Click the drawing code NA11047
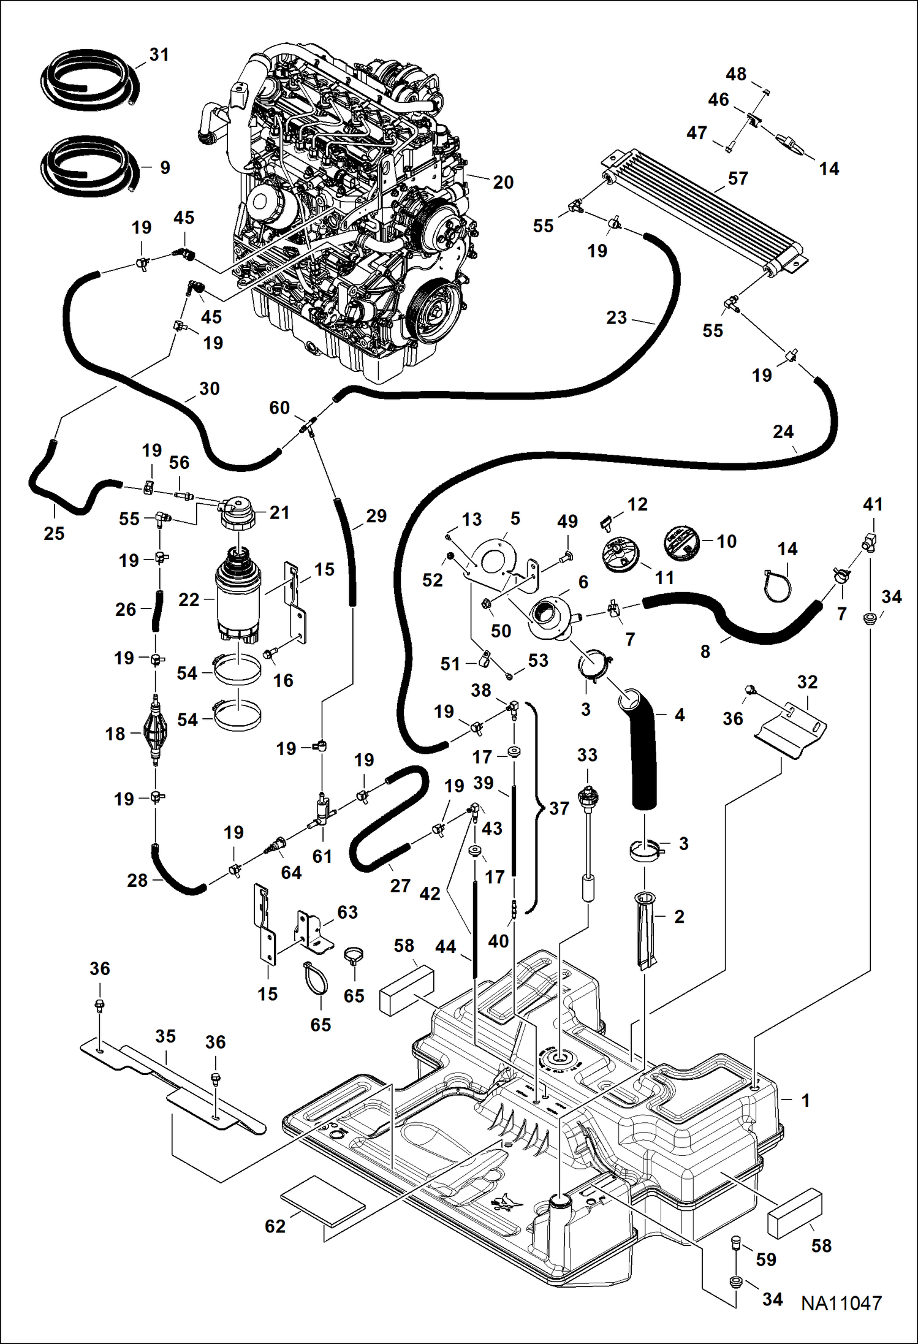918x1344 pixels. coord(841,1302)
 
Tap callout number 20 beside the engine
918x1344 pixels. coord(503,182)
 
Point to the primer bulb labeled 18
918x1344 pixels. coord(155,732)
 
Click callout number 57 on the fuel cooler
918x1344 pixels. coord(738,178)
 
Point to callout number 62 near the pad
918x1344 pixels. coord(275,1226)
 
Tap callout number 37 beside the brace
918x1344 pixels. coord(559,808)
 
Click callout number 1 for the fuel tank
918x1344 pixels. coord(805,1100)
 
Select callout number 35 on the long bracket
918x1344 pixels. coord(165,1036)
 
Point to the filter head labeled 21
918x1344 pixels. coord(236,515)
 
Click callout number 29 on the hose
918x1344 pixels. coord(376,516)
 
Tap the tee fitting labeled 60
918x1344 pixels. coord(308,425)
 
